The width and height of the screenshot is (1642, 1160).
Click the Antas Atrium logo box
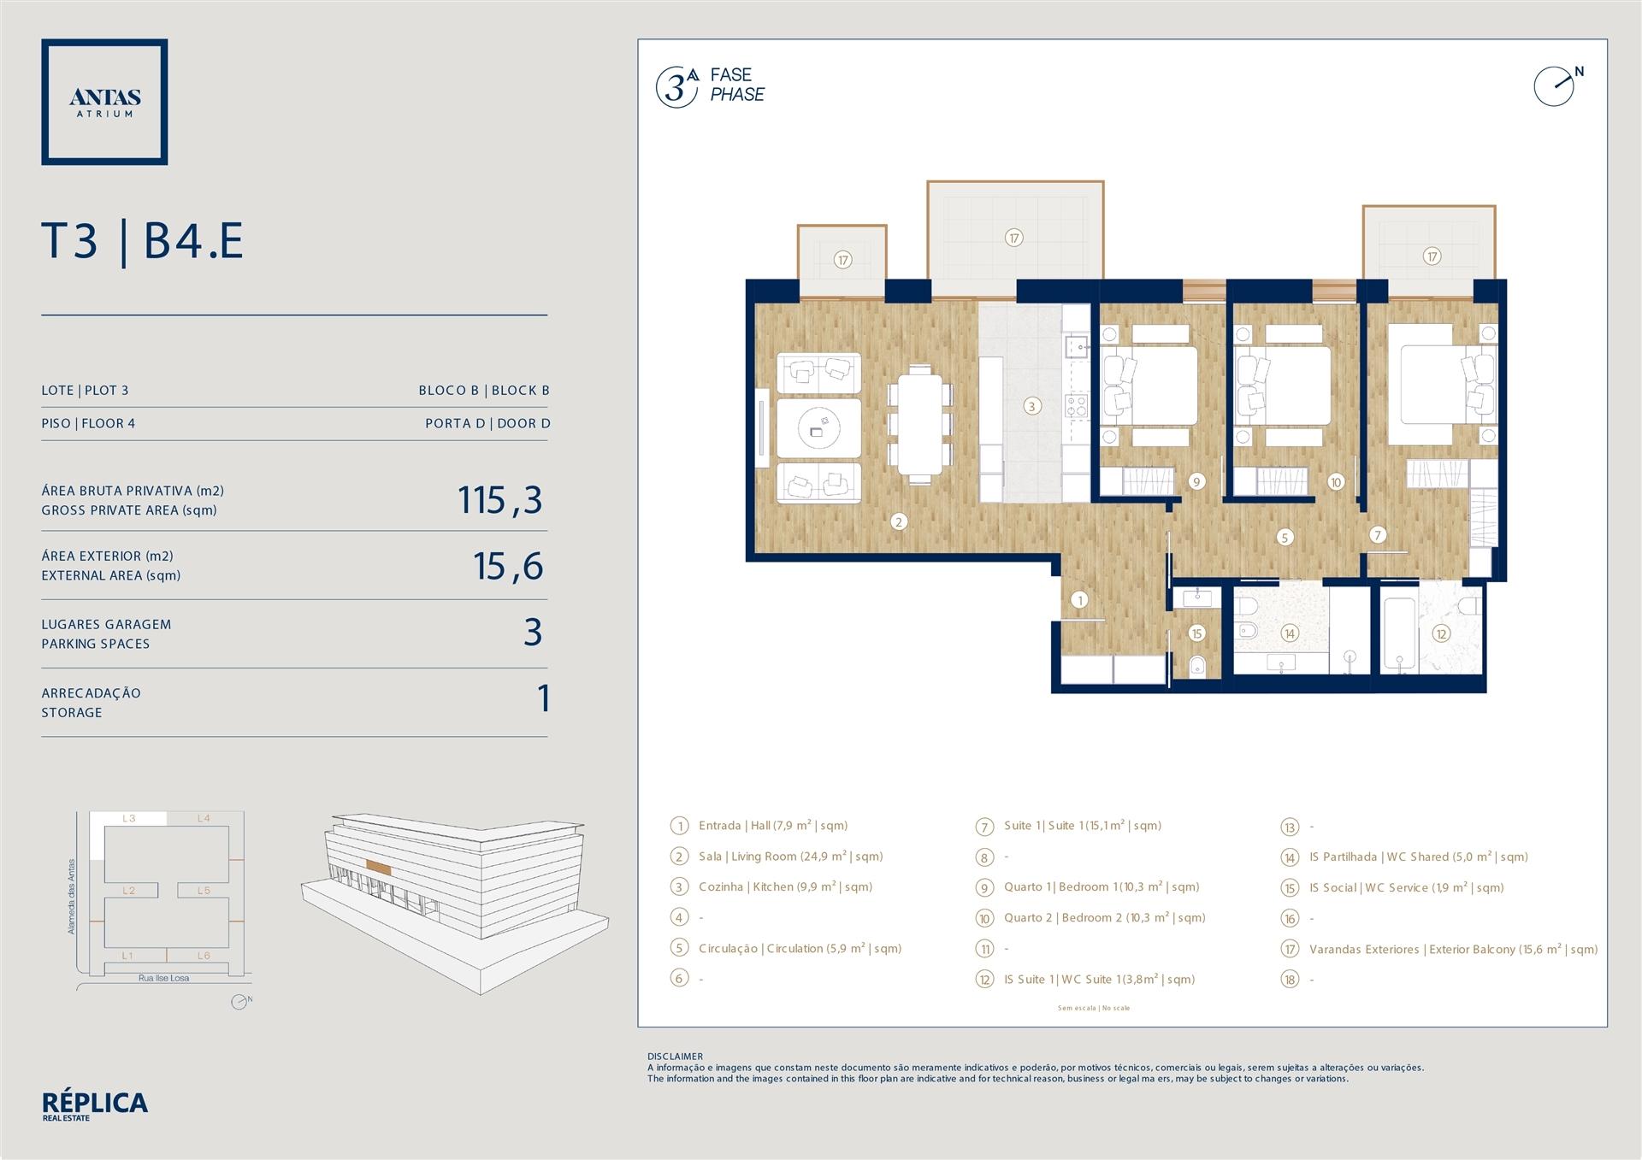point(104,102)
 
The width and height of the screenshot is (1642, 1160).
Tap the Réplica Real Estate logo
point(95,1105)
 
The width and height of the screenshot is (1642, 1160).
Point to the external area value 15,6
point(508,566)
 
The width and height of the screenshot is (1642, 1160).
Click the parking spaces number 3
point(533,633)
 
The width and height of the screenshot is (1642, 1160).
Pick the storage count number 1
point(543,698)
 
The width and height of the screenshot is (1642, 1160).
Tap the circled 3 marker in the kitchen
point(1031,406)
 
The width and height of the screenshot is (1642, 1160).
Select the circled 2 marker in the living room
point(898,521)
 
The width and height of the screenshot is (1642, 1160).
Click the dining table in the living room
point(920,425)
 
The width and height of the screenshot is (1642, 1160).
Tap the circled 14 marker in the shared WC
point(1289,633)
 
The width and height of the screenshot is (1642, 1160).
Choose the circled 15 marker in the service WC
point(1196,633)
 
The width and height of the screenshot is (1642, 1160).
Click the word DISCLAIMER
point(675,1057)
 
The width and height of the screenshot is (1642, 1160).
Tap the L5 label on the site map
point(204,891)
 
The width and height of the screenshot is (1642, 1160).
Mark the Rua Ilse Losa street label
point(164,978)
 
